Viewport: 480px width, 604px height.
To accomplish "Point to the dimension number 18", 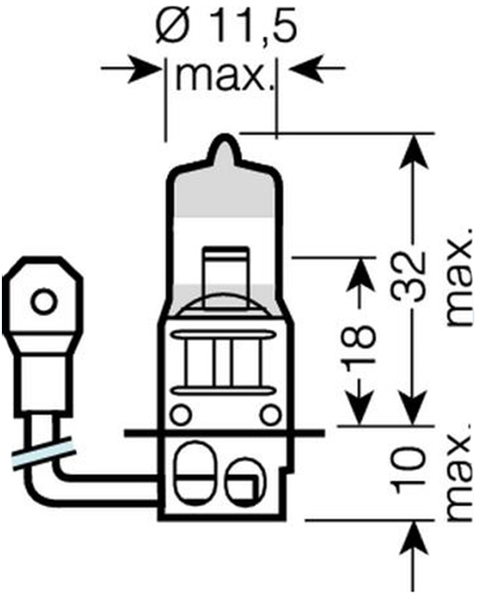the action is point(360,344).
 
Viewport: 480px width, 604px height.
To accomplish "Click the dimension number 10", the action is point(409,470).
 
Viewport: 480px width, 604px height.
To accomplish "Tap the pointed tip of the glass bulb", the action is point(224,136).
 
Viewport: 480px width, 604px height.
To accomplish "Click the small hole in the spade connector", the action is point(43,301).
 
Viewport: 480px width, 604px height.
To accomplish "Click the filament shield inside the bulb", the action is point(226,277).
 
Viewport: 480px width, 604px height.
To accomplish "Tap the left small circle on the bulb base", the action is point(180,415).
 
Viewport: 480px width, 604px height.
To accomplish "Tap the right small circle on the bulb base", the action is point(270,415).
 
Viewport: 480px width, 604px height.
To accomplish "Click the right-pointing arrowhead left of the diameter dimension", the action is point(144,69).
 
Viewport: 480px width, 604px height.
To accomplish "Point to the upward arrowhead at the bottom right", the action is point(415,538).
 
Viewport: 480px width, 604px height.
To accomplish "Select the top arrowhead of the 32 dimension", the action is point(414,151).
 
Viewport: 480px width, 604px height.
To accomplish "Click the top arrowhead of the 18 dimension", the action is point(361,275).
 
